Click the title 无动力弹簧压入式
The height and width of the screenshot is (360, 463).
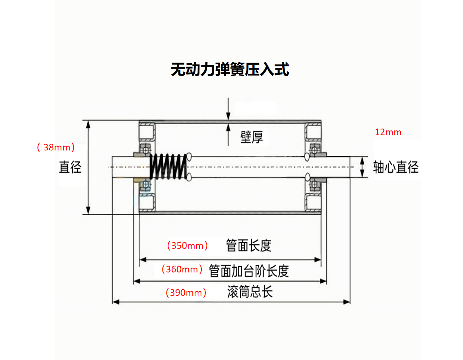pos(229,70)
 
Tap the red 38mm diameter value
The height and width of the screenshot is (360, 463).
pos(56,147)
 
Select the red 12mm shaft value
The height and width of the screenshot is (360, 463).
pos(388,132)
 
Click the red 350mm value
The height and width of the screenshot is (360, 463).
pos(187,245)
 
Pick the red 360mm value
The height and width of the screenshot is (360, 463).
pos(182,269)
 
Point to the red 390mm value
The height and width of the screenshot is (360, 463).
pos(186,293)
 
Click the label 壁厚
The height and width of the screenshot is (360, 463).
pos(252,137)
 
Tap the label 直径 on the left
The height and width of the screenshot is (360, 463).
pos(70,167)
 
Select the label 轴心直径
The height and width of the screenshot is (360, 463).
pos(396,167)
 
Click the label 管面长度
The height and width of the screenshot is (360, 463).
pos(249,245)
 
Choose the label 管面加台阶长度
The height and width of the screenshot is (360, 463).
pos(249,271)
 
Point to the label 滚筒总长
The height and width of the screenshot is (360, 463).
pos(250,291)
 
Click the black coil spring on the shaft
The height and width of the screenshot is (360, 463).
pos(168,167)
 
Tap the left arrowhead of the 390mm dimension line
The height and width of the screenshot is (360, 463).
pos(115,302)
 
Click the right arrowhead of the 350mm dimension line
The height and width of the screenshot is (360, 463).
pos(318,260)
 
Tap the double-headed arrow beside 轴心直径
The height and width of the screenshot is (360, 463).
pos(362,167)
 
